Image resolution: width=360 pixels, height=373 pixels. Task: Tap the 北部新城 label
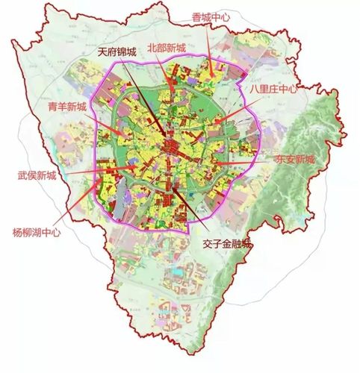click(x=167, y=47)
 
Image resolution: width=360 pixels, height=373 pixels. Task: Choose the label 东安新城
click(x=295, y=159)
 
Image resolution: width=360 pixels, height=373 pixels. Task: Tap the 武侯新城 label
click(x=37, y=176)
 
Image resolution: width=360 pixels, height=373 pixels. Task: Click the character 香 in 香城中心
click(x=196, y=16)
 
